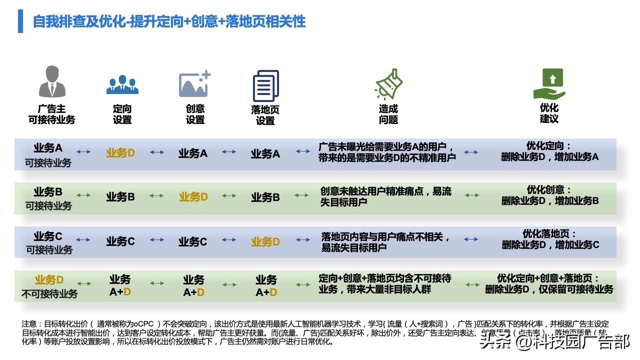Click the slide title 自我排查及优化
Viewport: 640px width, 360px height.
coord(169,21)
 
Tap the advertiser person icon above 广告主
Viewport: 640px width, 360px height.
coord(52,81)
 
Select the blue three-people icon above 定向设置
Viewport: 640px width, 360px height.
coord(122,85)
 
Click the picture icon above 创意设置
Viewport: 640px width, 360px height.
coord(194,84)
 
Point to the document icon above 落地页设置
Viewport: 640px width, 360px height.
coord(265,86)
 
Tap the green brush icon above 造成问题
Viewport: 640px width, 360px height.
coord(388,84)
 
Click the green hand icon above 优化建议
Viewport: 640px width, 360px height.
coord(549,84)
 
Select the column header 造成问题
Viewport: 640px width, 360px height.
coord(388,114)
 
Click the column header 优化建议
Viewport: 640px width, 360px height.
coord(549,113)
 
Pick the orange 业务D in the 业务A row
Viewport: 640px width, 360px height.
coord(120,153)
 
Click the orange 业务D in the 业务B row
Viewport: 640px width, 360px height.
coord(193,197)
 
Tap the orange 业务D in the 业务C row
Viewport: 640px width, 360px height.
coord(265,241)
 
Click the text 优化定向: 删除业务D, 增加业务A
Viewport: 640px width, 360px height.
coord(549,151)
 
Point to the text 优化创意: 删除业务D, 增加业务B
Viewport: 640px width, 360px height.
coord(549,195)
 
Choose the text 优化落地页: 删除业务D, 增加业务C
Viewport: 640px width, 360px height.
coord(550,239)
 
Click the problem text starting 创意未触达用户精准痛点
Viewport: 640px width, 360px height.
coord(385,196)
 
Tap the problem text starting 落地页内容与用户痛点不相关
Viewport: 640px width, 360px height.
coord(385,241)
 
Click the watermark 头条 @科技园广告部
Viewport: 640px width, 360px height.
coord(554,341)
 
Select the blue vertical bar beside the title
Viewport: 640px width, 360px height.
coord(20,21)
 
